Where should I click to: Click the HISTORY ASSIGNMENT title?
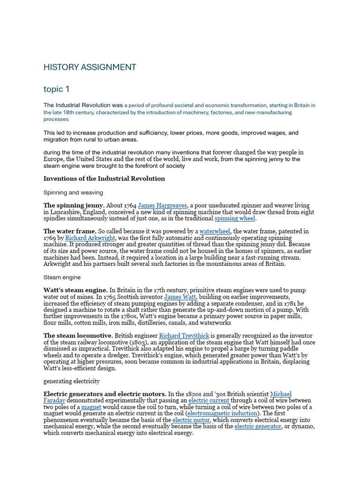pyautogui.click(x=90, y=67)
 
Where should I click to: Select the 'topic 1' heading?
pyautogui.click(x=56, y=89)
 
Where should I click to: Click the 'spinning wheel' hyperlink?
pyautogui.click(x=235, y=218)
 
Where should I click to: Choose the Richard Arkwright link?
pyautogui.click(x=90, y=238)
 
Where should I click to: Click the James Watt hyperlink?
pyautogui.click(x=180, y=297)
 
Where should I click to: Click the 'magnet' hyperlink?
pyautogui.click(x=91, y=407)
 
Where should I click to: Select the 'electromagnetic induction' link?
pyautogui.click(x=222, y=413)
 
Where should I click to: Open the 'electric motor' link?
pyautogui.click(x=191, y=420)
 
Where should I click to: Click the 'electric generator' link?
pyautogui.click(x=258, y=427)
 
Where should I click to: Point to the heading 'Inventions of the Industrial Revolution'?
pyautogui.click(x=104, y=179)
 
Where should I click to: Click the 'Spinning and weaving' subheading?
pyautogui.click(x=73, y=192)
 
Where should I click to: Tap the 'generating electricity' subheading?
pyautogui.click(x=72, y=381)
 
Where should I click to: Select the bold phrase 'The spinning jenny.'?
pyautogui.click(x=74, y=205)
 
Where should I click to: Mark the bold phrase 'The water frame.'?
pyautogui.click(x=70, y=231)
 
